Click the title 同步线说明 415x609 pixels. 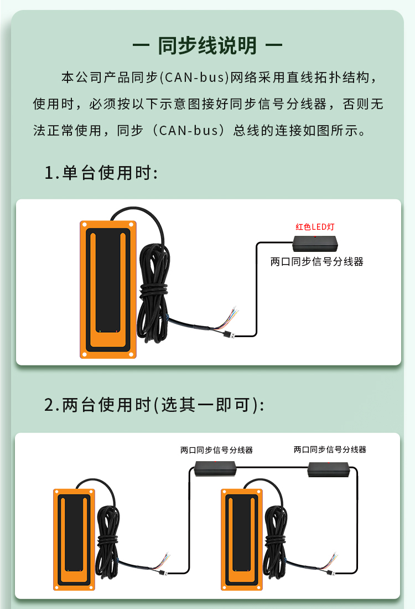[x=207, y=46]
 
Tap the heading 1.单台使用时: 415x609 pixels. [x=101, y=173]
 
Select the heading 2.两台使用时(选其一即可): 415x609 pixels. [x=154, y=405]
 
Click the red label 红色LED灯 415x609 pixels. [x=315, y=227]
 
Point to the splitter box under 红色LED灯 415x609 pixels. [x=315, y=244]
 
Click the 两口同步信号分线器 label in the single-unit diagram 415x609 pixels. [x=317, y=262]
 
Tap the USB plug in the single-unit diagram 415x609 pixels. [x=230, y=334]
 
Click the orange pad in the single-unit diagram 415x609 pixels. [x=108, y=290]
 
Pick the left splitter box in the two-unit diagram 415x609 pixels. [x=215, y=468]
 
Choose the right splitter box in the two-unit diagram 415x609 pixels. [x=329, y=469]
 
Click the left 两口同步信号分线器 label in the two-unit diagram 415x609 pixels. [x=216, y=450]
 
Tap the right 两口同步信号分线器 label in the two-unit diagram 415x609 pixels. [x=330, y=450]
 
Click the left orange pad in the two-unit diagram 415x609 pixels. [x=74, y=539]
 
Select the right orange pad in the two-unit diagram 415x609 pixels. [x=242, y=539]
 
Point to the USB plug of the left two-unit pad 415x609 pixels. [x=163, y=572]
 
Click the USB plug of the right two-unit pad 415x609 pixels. [x=331, y=572]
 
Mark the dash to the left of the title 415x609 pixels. [x=141, y=46]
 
